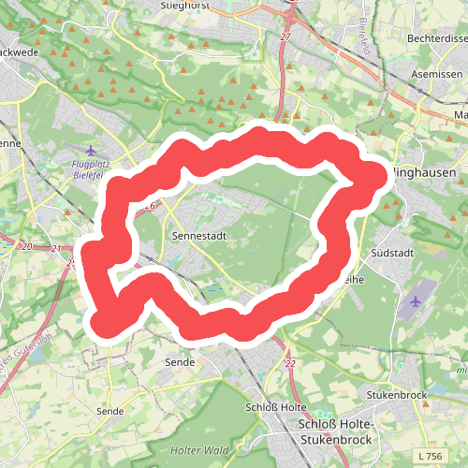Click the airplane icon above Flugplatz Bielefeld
pyautogui.click(x=90, y=150)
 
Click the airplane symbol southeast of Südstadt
pyautogui.click(x=417, y=301)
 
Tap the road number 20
pyautogui.click(x=25, y=246)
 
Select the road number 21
pyautogui.click(x=57, y=249)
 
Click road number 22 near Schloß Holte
pyautogui.click(x=290, y=363)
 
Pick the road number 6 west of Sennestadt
pyautogui.click(x=152, y=204)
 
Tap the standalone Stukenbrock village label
pyautogui.click(x=398, y=395)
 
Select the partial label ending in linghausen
pyautogui.click(x=429, y=173)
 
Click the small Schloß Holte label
pyautogui.click(x=276, y=407)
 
